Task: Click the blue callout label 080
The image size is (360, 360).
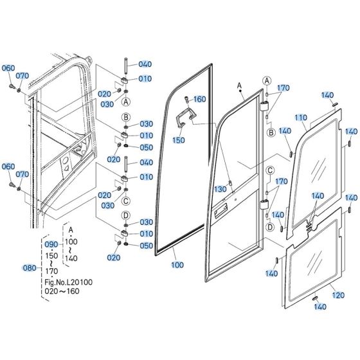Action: [x=30, y=267]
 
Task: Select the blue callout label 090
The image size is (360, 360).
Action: [x=51, y=245]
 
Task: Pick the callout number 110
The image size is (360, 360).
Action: [x=301, y=118]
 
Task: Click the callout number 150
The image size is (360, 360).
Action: [x=179, y=139]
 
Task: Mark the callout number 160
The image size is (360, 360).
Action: [x=200, y=99]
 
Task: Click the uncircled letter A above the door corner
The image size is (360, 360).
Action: [x=239, y=86]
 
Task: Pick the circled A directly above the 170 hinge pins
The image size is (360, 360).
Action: [x=265, y=80]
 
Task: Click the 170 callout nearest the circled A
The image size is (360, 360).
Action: [x=283, y=88]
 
